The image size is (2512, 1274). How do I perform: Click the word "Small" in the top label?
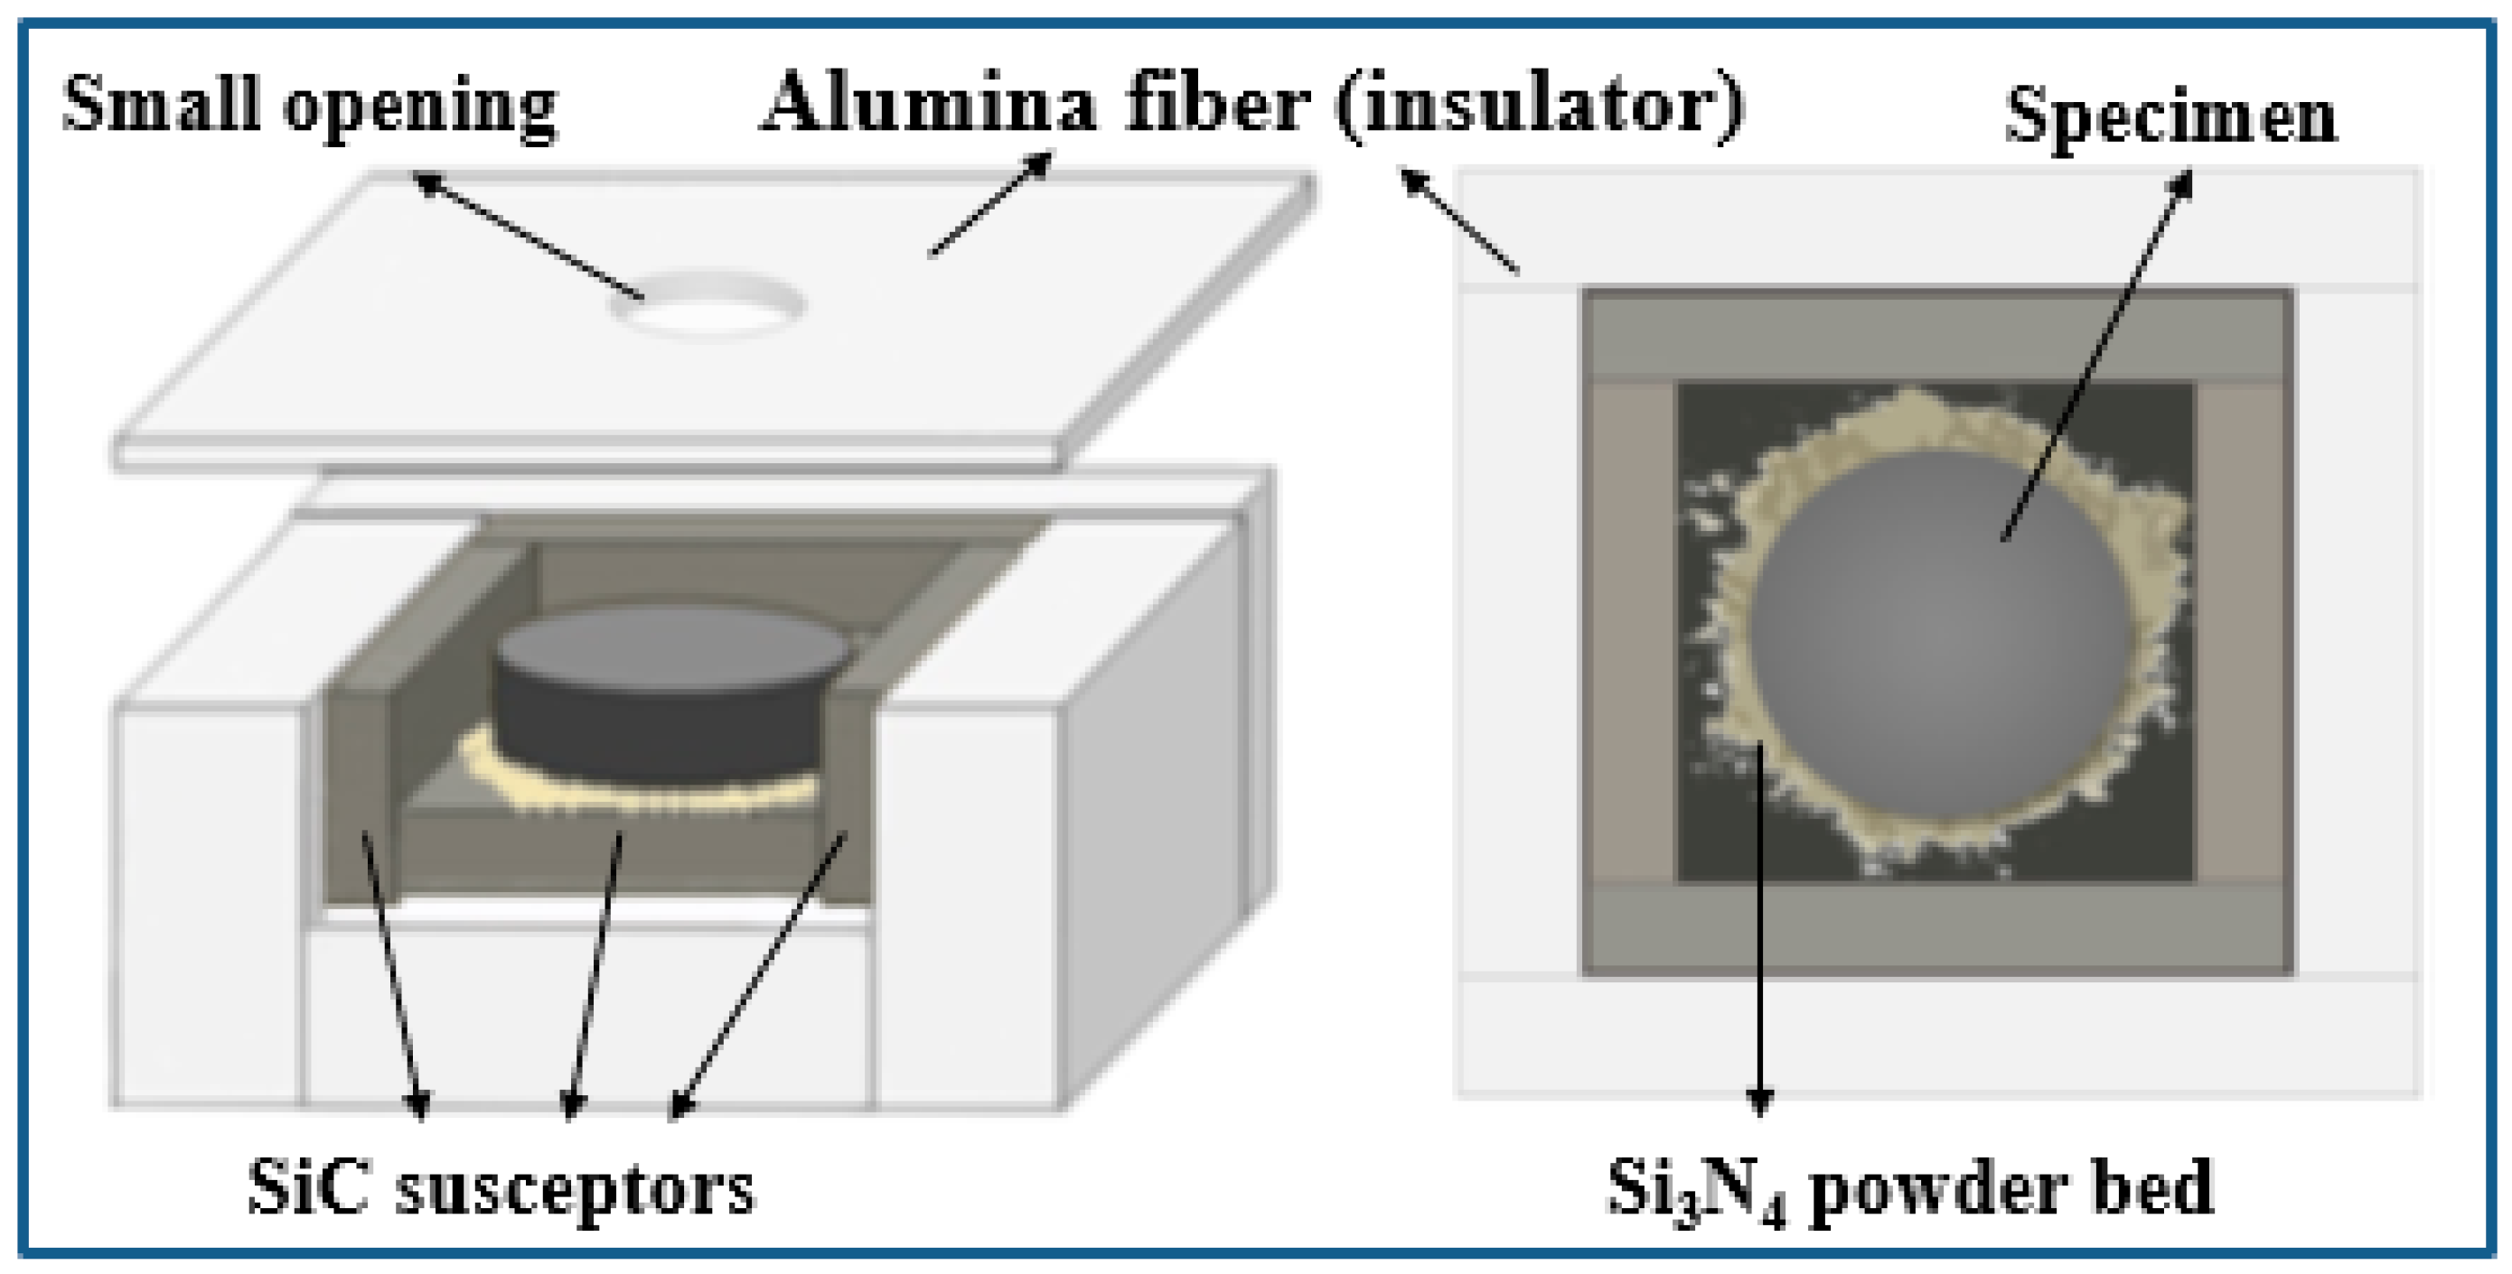161,101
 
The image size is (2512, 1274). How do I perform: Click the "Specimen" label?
2170,117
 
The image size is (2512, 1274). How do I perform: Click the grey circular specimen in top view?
1941,634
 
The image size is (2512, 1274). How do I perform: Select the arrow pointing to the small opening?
527,235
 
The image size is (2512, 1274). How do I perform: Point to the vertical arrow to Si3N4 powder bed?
1759,926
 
